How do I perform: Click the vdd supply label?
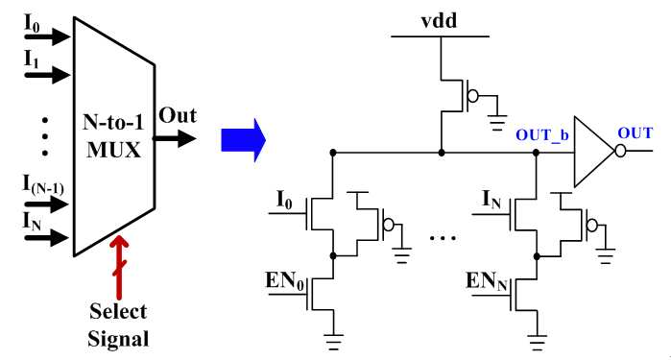(439, 20)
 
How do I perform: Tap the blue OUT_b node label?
(541, 135)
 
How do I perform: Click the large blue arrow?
(244, 140)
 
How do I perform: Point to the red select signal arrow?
(119, 266)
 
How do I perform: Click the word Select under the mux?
(118, 311)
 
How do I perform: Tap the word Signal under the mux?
(118, 339)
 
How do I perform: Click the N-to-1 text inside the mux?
(113, 123)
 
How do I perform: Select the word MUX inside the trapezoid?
(114, 151)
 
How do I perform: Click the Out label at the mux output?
(178, 115)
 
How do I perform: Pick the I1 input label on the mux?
(32, 60)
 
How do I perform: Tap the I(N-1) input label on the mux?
(43, 185)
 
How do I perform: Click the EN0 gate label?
(284, 281)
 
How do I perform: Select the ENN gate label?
(486, 281)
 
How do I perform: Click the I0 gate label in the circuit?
(284, 200)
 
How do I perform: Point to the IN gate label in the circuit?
(491, 199)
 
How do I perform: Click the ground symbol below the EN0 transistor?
(333, 342)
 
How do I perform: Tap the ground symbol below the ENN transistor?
(537, 342)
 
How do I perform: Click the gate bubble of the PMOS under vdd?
(473, 96)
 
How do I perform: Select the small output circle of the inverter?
(620, 151)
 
